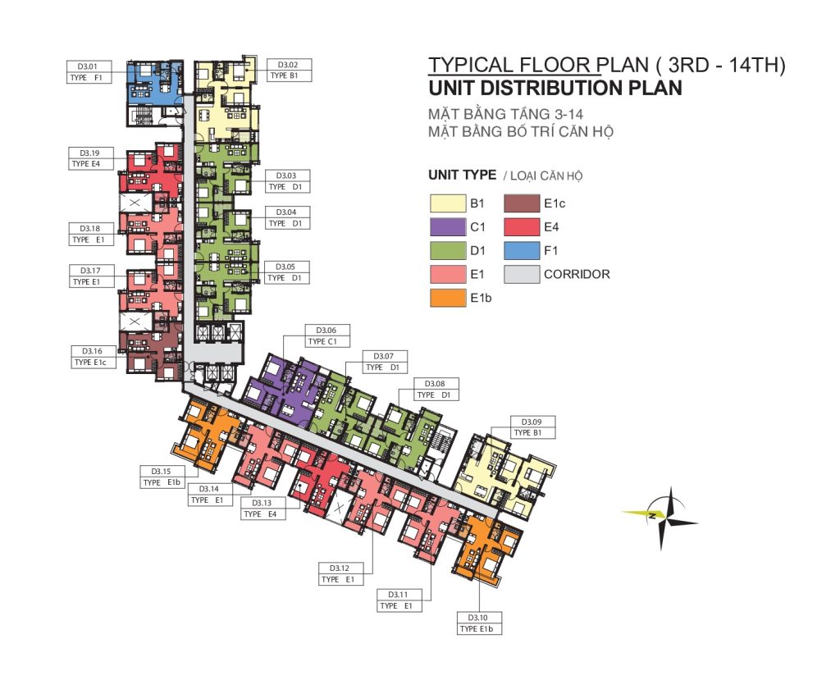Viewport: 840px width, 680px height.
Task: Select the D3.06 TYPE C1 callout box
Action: (x=327, y=336)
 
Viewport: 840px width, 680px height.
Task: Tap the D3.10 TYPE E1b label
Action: (x=478, y=623)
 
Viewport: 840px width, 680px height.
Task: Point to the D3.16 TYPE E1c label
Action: (x=93, y=357)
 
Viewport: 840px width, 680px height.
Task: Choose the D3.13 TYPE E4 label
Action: (x=262, y=509)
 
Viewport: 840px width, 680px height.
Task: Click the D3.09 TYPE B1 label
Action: (x=532, y=427)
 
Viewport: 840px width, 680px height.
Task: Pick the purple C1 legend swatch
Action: (x=448, y=227)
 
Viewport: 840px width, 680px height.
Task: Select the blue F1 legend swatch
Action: (x=522, y=251)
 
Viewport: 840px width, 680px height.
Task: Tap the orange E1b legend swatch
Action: (x=448, y=298)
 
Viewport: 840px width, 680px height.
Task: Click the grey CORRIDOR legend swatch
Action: (x=522, y=274)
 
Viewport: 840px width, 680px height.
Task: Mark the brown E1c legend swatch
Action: (x=522, y=203)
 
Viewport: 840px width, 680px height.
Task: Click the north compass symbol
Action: (x=662, y=517)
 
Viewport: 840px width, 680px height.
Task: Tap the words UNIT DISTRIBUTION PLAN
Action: (x=555, y=88)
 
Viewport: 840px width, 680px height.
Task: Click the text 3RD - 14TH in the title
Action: (x=720, y=65)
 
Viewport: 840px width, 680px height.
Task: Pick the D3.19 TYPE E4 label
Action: (x=91, y=158)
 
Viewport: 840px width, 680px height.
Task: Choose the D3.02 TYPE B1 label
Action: (x=289, y=71)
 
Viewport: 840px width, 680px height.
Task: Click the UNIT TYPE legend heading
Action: (x=463, y=176)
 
